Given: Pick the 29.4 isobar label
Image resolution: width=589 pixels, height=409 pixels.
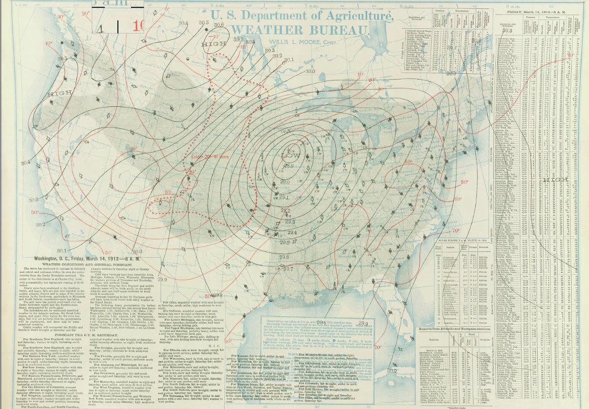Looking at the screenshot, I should click(290, 232).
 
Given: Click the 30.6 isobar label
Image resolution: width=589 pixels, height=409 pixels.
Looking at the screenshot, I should click(219, 25).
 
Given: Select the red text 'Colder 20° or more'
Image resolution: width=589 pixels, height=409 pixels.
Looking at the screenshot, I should click(210, 156).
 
